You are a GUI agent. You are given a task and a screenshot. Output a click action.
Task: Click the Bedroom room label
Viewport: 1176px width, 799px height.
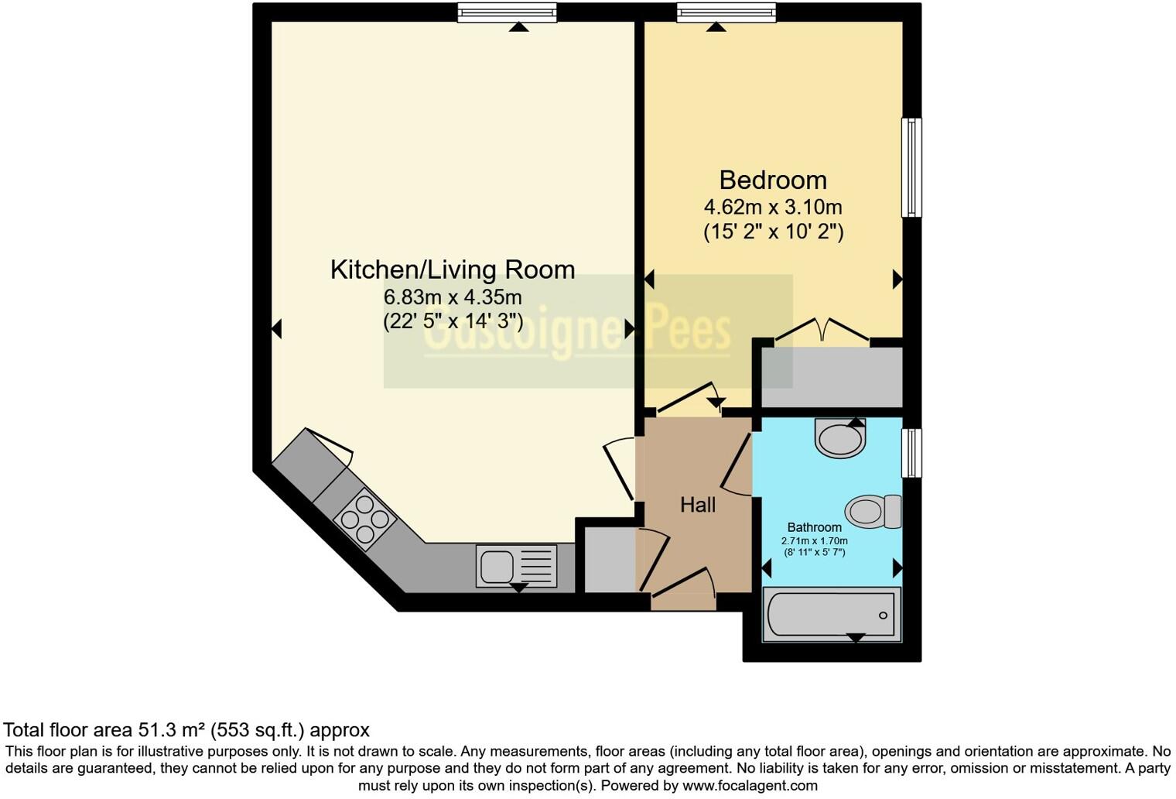click(x=772, y=180)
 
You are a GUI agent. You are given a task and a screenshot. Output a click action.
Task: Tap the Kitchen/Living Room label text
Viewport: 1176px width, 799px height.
click(x=453, y=269)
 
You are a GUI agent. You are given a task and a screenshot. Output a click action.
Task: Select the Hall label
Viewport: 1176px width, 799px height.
click(x=697, y=505)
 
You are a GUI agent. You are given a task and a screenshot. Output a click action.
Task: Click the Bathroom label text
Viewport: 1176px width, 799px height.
click(x=814, y=527)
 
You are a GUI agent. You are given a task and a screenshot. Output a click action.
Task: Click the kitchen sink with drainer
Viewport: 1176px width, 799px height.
click(x=516, y=565)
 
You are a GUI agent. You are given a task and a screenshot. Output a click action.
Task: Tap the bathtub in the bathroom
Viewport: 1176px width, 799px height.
click(x=832, y=615)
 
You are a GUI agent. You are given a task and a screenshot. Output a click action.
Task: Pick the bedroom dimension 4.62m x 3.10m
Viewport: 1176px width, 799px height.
click(x=772, y=207)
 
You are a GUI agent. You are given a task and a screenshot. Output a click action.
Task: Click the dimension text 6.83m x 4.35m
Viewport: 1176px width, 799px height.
click(x=453, y=297)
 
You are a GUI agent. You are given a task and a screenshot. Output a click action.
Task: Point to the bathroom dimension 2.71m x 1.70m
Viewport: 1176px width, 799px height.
click(x=814, y=541)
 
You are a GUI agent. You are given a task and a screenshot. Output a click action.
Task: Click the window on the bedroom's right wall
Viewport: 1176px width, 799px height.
click(x=912, y=167)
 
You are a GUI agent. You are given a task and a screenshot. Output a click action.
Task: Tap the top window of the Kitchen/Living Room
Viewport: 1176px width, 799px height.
click(x=507, y=12)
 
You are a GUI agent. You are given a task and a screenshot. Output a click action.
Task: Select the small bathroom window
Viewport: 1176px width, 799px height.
click(x=912, y=453)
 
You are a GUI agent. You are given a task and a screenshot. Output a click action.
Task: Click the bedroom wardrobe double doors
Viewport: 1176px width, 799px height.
click(x=823, y=330)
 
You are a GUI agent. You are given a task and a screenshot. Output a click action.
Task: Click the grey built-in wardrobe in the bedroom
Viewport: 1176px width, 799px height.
click(x=832, y=377)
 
